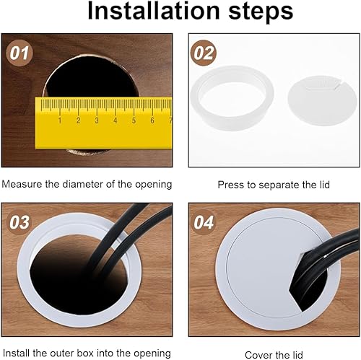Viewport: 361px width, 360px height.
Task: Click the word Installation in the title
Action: [154, 12]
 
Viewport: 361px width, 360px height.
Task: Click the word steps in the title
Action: [261, 12]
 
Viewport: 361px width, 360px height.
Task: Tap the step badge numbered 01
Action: [19, 53]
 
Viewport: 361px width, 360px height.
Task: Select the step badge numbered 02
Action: [204, 53]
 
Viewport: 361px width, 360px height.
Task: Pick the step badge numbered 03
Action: [19, 222]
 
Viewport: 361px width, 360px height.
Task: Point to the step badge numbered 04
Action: [204, 222]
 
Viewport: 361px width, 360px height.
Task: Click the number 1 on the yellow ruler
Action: [60, 120]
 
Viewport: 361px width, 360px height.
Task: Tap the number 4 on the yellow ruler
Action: [116, 120]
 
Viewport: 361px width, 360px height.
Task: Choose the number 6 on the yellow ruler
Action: [152, 120]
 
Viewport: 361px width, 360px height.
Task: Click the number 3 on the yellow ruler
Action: [97, 120]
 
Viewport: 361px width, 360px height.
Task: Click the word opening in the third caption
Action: [152, 354]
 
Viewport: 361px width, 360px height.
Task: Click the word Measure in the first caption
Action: [22, 184]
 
